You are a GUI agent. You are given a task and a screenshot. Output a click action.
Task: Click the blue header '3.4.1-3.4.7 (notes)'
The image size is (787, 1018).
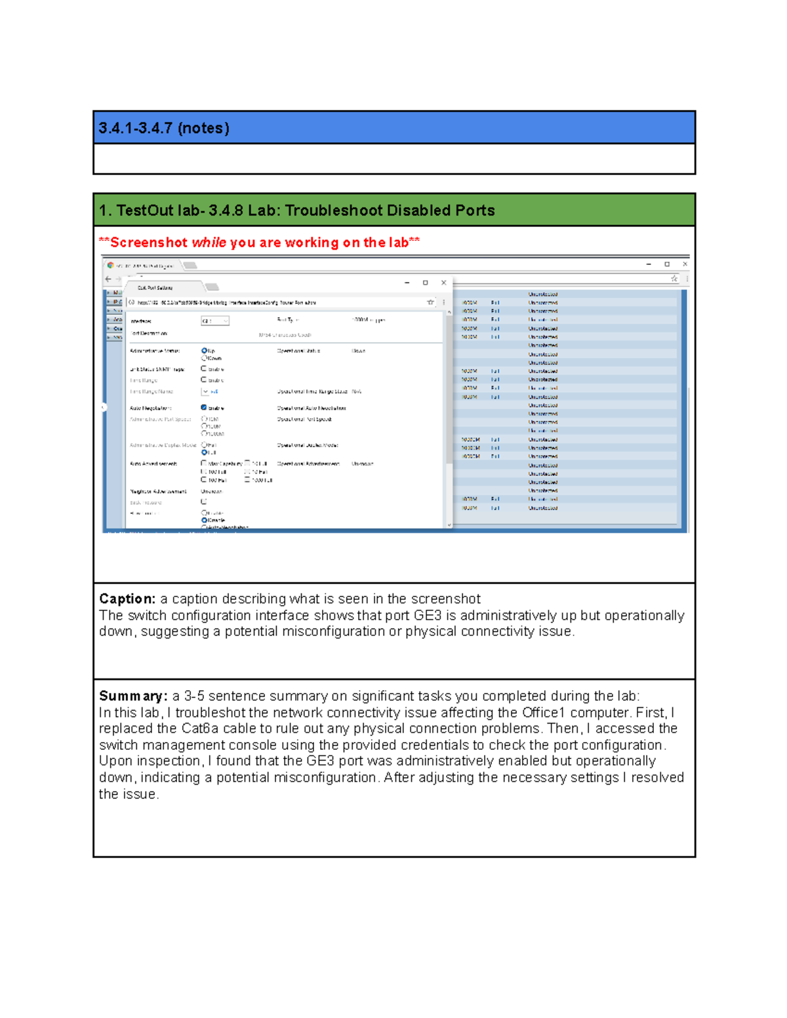tap(164, 128)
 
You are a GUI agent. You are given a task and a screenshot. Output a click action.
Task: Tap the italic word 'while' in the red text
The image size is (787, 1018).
tap(209, 243)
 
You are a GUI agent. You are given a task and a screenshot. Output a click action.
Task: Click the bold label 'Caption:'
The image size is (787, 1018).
tap(127, 598)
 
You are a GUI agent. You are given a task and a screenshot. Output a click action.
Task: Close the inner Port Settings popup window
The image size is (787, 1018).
tap(444, 283)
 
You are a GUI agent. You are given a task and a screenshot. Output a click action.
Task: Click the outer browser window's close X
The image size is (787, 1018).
tap(685, 264)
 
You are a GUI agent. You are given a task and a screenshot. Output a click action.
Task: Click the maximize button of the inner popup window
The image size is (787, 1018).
tap(426, 283)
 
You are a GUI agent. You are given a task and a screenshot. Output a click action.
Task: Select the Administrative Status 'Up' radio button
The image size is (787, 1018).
tap(204, 351)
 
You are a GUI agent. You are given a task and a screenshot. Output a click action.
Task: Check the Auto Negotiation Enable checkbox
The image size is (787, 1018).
tap(204, 408)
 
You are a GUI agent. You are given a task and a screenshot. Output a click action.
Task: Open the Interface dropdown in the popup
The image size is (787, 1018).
tap(215, 321)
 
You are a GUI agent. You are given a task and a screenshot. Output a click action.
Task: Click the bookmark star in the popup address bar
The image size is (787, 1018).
tap(430, 302)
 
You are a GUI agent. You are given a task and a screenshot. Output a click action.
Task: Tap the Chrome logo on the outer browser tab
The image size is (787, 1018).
tap(111, 265)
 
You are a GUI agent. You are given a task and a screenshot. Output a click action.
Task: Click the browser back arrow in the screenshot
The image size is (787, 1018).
tap(108, 279)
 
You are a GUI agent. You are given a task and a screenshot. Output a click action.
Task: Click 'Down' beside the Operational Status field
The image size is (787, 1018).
tap(358, 351)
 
